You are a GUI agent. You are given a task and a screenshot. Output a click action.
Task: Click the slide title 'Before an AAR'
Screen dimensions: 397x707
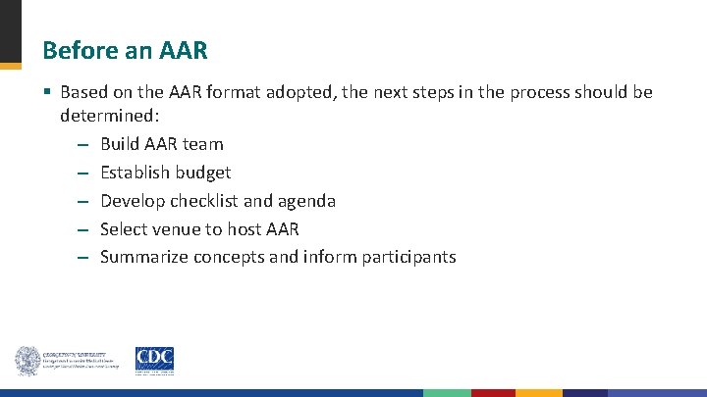click(x=126, y=49)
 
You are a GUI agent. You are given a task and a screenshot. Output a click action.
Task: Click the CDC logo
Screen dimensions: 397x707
click(x=155, y=361)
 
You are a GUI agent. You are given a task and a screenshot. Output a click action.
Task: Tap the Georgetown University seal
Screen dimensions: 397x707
click(x=27, y=361)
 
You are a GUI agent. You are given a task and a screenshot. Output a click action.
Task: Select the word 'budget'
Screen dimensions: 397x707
click(x=202, y=173)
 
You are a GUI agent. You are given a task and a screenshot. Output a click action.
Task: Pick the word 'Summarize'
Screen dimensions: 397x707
click(x=144, y=257)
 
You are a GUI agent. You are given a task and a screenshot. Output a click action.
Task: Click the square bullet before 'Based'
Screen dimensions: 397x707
click(x=47, y=93)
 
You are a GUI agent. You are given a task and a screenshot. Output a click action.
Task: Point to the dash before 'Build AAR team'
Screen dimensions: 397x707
click(x=82, y=144)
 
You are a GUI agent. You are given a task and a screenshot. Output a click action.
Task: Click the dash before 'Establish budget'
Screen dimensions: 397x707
click(x=82, y=173)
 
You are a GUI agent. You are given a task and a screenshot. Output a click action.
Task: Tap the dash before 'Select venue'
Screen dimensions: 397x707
click(x=82, y=229)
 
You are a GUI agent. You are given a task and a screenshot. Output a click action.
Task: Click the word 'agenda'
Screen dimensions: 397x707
click(x=305, y=201)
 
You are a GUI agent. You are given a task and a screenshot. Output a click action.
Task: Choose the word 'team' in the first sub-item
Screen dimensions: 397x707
click(x=203, y=144)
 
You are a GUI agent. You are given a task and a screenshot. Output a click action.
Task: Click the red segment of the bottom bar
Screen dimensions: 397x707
click(x=493, y=392)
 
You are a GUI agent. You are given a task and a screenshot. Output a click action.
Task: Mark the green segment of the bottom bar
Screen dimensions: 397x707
click(x=447, y=392)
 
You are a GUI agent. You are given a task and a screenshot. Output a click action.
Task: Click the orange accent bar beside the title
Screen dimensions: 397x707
click(x=10, y=66)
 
